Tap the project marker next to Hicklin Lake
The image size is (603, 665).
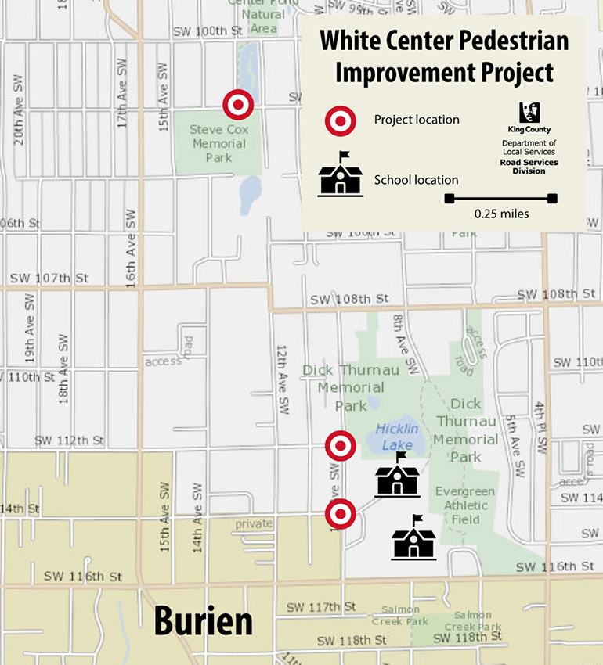341,446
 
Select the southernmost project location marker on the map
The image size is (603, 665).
341,514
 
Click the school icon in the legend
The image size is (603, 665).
340,174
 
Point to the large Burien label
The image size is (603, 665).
203,621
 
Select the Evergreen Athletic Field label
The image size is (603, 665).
465,505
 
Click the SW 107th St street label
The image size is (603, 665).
49,278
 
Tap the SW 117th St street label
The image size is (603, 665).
321,606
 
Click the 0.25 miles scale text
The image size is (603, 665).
501,214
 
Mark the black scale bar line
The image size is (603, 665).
501,199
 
